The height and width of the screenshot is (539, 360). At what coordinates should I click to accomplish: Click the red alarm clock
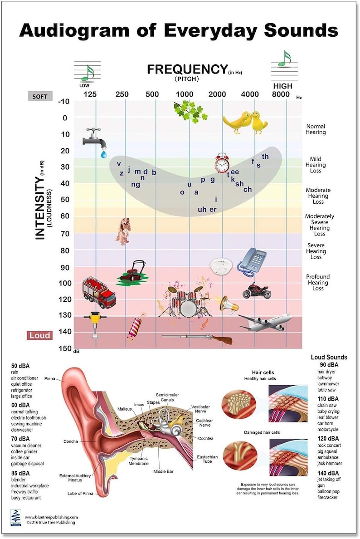click(222, 163)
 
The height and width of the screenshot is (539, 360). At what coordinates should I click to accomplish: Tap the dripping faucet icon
click(95, 139)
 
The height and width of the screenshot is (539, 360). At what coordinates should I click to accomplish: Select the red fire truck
click(98, 292)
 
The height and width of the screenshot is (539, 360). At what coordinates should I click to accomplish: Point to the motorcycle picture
click(257, 290)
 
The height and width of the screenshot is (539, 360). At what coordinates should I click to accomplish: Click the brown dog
click(123, 231)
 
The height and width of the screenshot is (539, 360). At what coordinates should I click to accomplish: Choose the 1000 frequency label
click(185, 94)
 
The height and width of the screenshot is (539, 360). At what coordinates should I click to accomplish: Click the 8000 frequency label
click(281, 94)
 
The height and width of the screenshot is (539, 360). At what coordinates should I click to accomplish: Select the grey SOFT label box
click(40, 96)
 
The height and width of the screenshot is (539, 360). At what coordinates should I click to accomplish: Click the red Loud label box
click(40, 336)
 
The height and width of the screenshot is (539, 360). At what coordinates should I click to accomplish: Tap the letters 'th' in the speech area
click(265, 157)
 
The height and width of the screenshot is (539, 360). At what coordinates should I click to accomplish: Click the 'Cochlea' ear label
click(205, 438)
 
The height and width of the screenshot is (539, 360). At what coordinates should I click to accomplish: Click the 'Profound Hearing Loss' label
click(317, 282)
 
